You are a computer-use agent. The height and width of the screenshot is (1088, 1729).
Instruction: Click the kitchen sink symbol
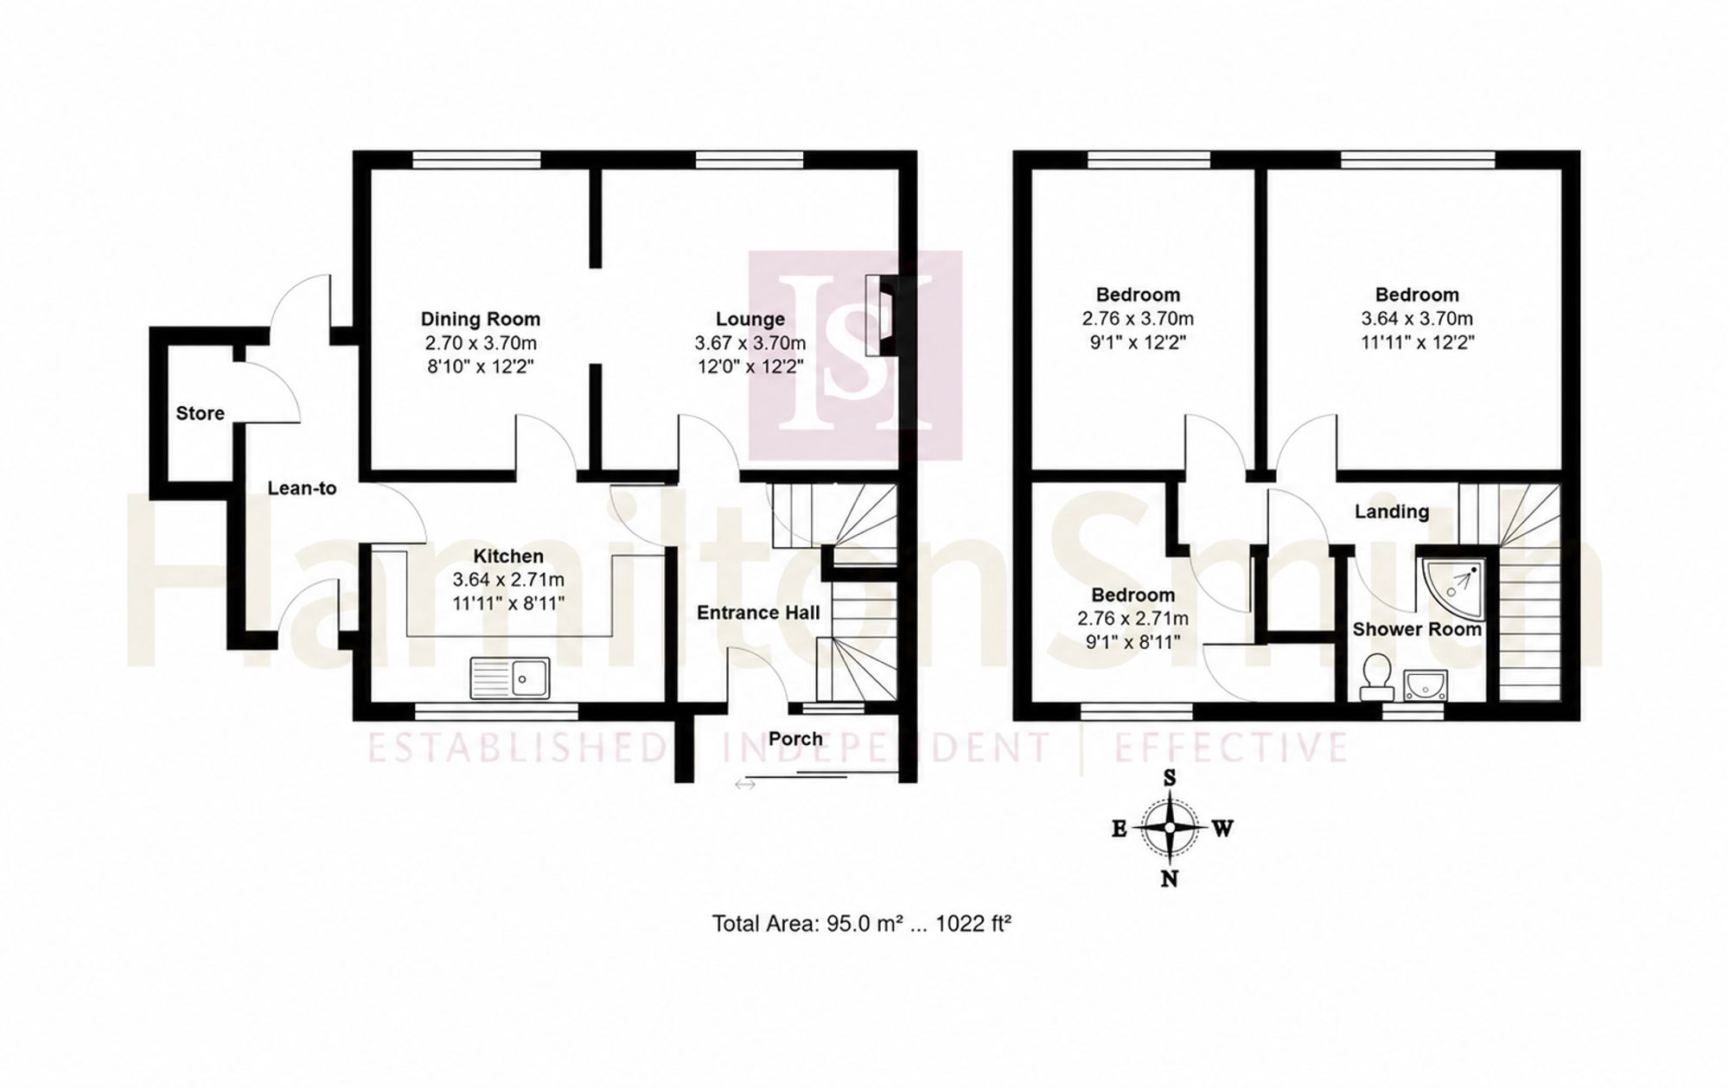point(510,678)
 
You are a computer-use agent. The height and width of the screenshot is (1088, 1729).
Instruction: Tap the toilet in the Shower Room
point(1376,677)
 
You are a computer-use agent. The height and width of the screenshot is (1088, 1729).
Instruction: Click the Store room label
point(201,413)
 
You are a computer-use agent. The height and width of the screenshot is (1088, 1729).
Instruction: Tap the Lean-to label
point(302,488)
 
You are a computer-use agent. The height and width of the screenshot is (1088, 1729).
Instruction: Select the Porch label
point(795,739)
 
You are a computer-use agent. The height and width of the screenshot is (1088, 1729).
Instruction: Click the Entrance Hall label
point(758,613)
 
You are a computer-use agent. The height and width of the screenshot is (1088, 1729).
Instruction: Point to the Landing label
point(1392,512)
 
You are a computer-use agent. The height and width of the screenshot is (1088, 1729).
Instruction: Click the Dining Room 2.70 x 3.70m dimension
point(481,342)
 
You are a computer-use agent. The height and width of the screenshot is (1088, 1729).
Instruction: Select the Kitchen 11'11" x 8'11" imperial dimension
point(508,602)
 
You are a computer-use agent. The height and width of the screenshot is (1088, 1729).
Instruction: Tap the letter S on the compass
point(1170,778)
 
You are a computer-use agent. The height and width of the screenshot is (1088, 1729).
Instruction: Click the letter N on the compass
point(1170,879)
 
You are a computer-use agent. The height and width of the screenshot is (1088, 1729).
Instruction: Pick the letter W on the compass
point(1222,829)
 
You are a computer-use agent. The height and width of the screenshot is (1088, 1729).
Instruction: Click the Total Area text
point(862,924)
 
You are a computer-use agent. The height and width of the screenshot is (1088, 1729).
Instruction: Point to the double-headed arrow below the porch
point(745,785)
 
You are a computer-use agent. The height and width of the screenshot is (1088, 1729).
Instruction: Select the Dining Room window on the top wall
point(477,159)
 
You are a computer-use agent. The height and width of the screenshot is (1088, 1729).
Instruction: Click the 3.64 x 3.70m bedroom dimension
point(1417,319)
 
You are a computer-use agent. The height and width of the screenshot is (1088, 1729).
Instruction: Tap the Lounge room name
point(750,320)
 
